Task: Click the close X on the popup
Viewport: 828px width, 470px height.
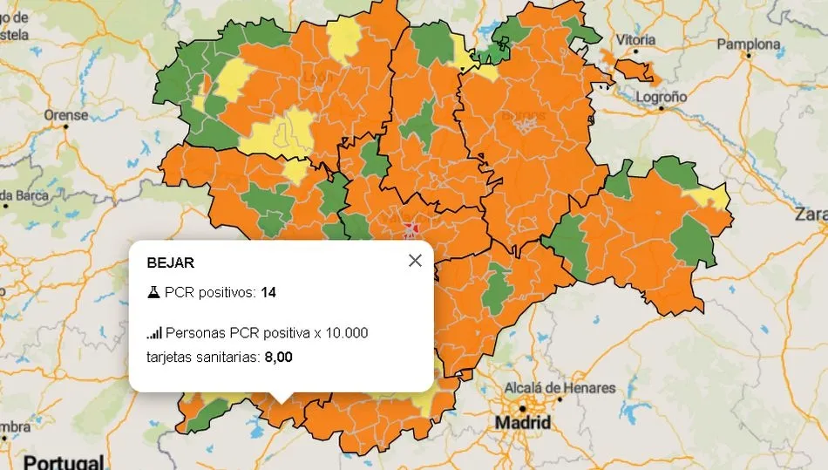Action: pos(415,261)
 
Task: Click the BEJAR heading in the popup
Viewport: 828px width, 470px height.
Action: pos(171,262)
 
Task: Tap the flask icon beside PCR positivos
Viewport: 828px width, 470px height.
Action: pos(153,292)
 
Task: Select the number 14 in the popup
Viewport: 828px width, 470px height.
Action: pos(268,292)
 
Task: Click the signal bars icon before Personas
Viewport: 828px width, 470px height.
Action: pos(154,332)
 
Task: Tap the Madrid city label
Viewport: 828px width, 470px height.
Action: pos(523,423)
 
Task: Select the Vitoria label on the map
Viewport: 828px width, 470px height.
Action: pos(636,39)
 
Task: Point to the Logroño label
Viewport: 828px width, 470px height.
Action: pos(662,97)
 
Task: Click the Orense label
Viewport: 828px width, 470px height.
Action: pos(66,114)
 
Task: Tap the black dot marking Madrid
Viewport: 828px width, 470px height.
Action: pos(522,408)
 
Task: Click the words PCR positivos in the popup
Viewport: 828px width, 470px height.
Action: pos(210,292)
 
